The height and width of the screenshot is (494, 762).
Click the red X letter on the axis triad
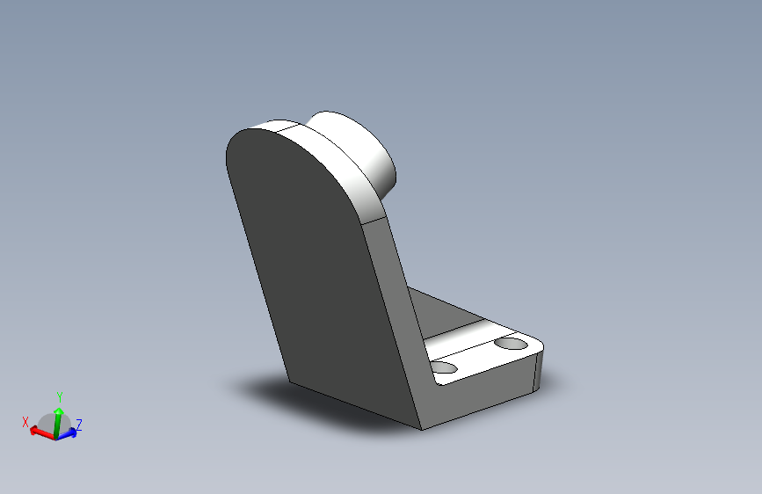click(x=25, y=422)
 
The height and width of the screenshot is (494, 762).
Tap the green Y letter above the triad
click(x=60, y=396)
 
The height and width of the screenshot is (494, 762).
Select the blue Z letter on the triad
click(x=79, y=425)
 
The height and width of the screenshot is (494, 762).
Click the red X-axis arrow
click(x=42, y=432)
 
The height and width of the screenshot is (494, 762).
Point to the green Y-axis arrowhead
click(x=59, y=412)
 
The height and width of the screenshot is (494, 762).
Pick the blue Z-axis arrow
click(x=67, y=432)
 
